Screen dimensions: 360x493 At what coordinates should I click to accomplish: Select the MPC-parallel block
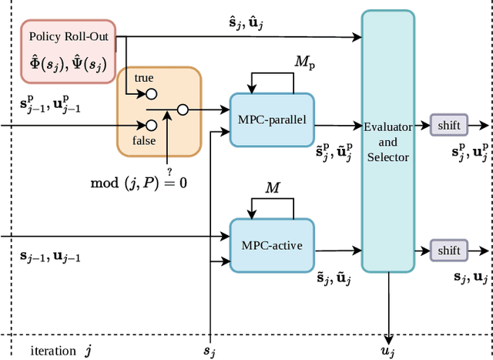coord(272,120)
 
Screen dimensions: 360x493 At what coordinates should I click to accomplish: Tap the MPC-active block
coord(272,245)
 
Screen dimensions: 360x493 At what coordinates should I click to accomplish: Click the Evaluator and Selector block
coord(388,141)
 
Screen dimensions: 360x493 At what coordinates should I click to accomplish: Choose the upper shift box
coord(448,125)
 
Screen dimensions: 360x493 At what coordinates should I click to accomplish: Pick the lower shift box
coord(448,251)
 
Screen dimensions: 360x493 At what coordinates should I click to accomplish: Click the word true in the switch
coord(144,79)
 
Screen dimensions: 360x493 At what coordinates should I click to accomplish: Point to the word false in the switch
coord(144,140)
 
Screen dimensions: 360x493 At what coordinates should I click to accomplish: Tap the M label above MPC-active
coord(273,188)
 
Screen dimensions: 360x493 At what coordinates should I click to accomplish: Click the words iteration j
coord(61,351)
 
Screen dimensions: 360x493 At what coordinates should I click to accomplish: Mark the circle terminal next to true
coord(152,94)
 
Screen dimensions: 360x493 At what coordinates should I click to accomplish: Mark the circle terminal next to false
coord(152,125)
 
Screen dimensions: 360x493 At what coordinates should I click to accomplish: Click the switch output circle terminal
coord(183,110)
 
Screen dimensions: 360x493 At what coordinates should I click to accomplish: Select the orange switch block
coord(159,111)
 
